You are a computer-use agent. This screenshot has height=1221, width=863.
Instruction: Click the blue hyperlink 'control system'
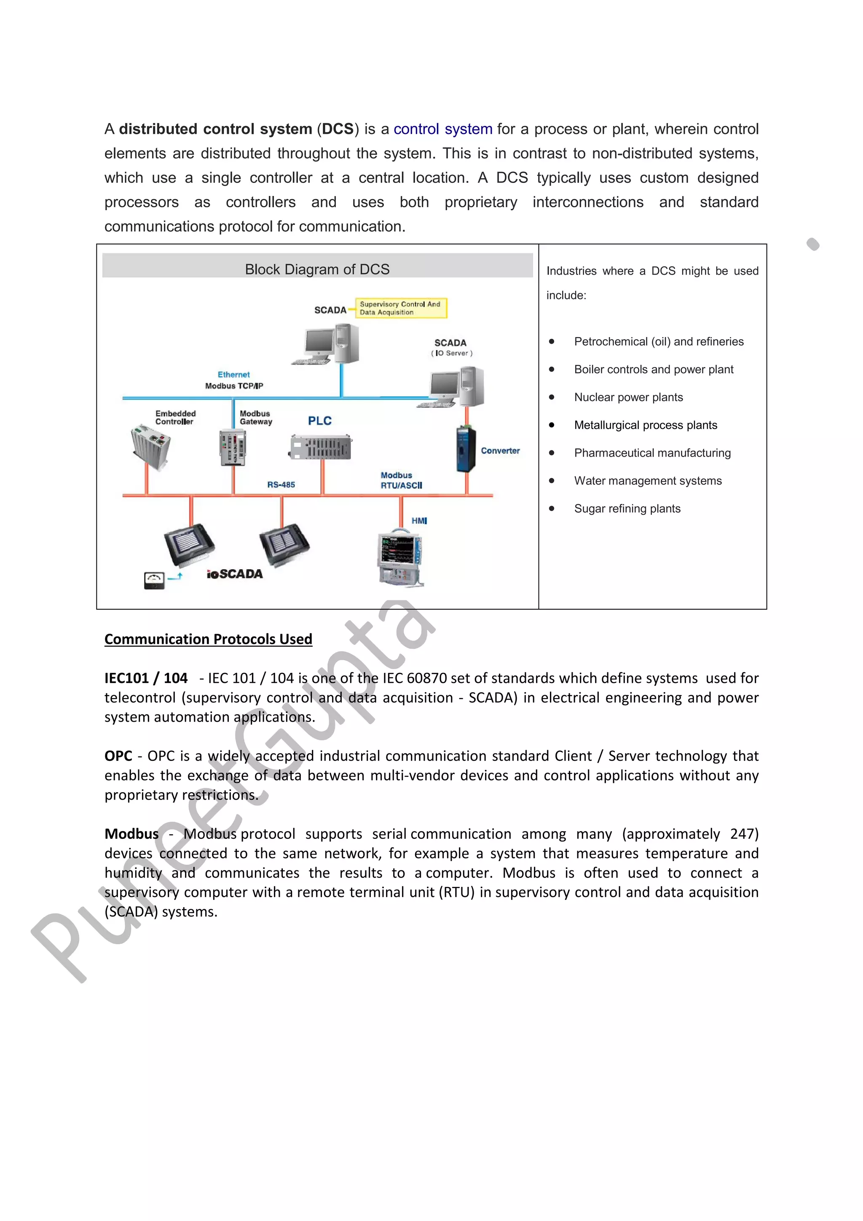(x=442, y=129)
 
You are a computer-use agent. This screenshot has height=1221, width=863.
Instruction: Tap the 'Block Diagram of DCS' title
(x=317, y=269)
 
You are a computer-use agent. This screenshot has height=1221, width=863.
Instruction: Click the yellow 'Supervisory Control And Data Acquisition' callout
(x=400, y=308)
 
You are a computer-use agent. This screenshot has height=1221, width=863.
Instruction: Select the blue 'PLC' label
(x=319, y=420)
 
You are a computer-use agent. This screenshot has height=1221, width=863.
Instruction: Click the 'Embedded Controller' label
(x=175, y=418)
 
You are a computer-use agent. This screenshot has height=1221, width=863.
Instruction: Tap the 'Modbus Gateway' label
(x=256, y=418)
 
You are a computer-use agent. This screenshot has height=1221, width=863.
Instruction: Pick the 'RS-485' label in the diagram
(x=281, y=485)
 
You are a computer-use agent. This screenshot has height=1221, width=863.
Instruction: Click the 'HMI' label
(x=419, y=521)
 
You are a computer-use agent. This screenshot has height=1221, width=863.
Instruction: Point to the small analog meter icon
(x=154, y=580)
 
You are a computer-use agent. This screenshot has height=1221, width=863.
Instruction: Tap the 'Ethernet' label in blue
(x=233, y=375)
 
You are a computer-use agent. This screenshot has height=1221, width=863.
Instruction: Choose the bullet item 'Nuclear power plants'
(x=628, y=397)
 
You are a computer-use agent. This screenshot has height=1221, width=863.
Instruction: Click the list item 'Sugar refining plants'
(x=627, y=509)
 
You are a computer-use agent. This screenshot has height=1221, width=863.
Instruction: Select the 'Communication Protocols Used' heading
(x=208, y=639)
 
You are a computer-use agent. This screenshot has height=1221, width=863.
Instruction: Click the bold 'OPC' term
(x=118, y=756)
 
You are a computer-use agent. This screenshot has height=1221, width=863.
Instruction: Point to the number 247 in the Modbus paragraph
(x=743, y=833)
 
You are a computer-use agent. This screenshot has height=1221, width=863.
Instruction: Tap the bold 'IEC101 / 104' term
(x=146, y=678)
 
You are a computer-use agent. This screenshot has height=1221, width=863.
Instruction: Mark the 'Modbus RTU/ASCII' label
(x=401, y=480)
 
